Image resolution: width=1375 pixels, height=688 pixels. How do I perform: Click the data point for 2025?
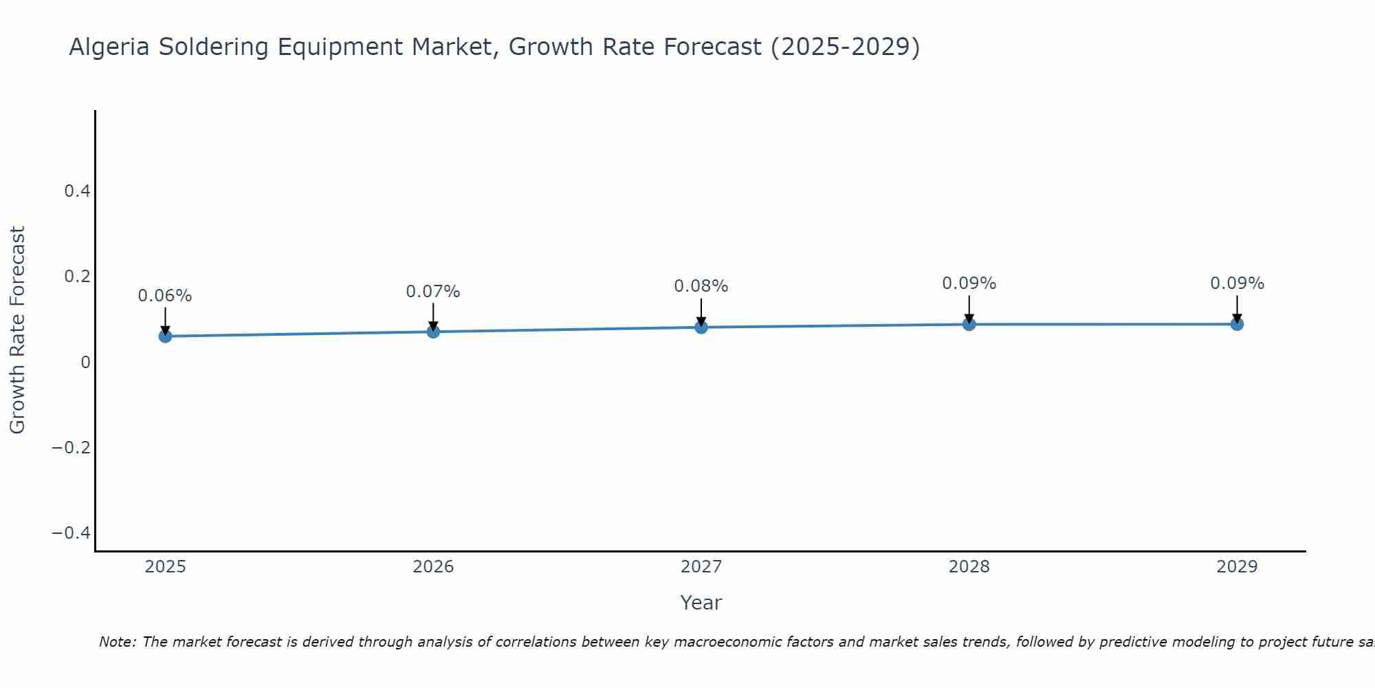(x=165, y=336)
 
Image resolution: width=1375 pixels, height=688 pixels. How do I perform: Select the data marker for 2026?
(x=433, y=332)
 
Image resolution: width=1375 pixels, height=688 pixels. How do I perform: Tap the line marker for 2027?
(x=701, y=327)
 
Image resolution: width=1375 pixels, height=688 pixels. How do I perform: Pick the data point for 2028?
(x=969, y=324)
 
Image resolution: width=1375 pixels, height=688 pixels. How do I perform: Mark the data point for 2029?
(x=1237, y=324)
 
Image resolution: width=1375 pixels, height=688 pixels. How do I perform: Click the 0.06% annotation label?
(x=165, y=296)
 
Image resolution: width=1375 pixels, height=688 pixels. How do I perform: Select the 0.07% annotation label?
(x=433, y=292)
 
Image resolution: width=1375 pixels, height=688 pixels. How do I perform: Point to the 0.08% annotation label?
(x=701, y=286)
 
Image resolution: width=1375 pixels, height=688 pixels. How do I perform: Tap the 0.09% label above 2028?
(x=969, y=283)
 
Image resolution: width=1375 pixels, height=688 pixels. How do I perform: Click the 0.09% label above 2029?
(x=1237, y=283)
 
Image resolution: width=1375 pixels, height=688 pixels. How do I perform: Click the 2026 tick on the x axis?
(x=433, y=567)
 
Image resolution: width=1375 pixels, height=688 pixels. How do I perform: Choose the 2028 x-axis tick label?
(x=969, y=567)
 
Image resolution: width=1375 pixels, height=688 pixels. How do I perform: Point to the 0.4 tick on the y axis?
(x=78, y=191)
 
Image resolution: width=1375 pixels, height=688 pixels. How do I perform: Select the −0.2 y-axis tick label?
(x=71, y=448)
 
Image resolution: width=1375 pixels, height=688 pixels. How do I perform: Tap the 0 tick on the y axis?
(x=85, y=363)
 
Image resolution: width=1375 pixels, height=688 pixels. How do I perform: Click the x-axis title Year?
(x=701, y=603)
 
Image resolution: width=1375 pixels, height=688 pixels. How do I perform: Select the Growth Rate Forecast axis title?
(x=17, y=330)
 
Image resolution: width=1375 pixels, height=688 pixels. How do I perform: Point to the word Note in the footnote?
(x=117, y=642)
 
